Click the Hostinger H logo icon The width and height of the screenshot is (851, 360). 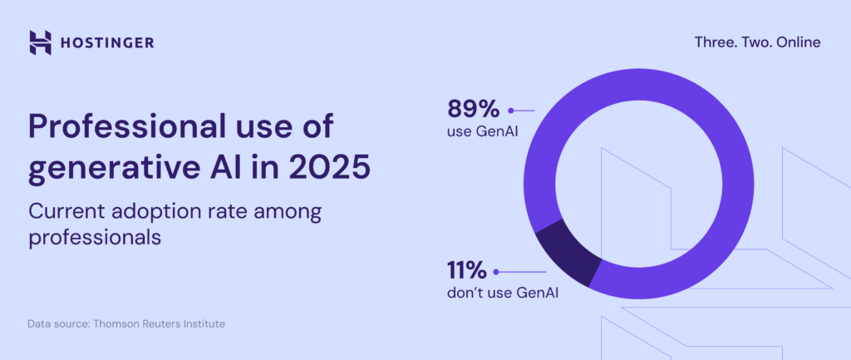pyautogui.click(x=40, y=42)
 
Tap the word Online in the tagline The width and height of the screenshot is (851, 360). pyautogui.click(x=797, y=42)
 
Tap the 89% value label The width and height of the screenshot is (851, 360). pyautogui.click(x=472, y=109)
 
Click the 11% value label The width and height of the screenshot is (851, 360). pyautogui.click(x=466, y=271)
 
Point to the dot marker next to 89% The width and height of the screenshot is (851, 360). pyautogui.click(x=512, y=110)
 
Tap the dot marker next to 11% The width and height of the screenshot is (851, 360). pyautogui.click(x=496, y=272)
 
